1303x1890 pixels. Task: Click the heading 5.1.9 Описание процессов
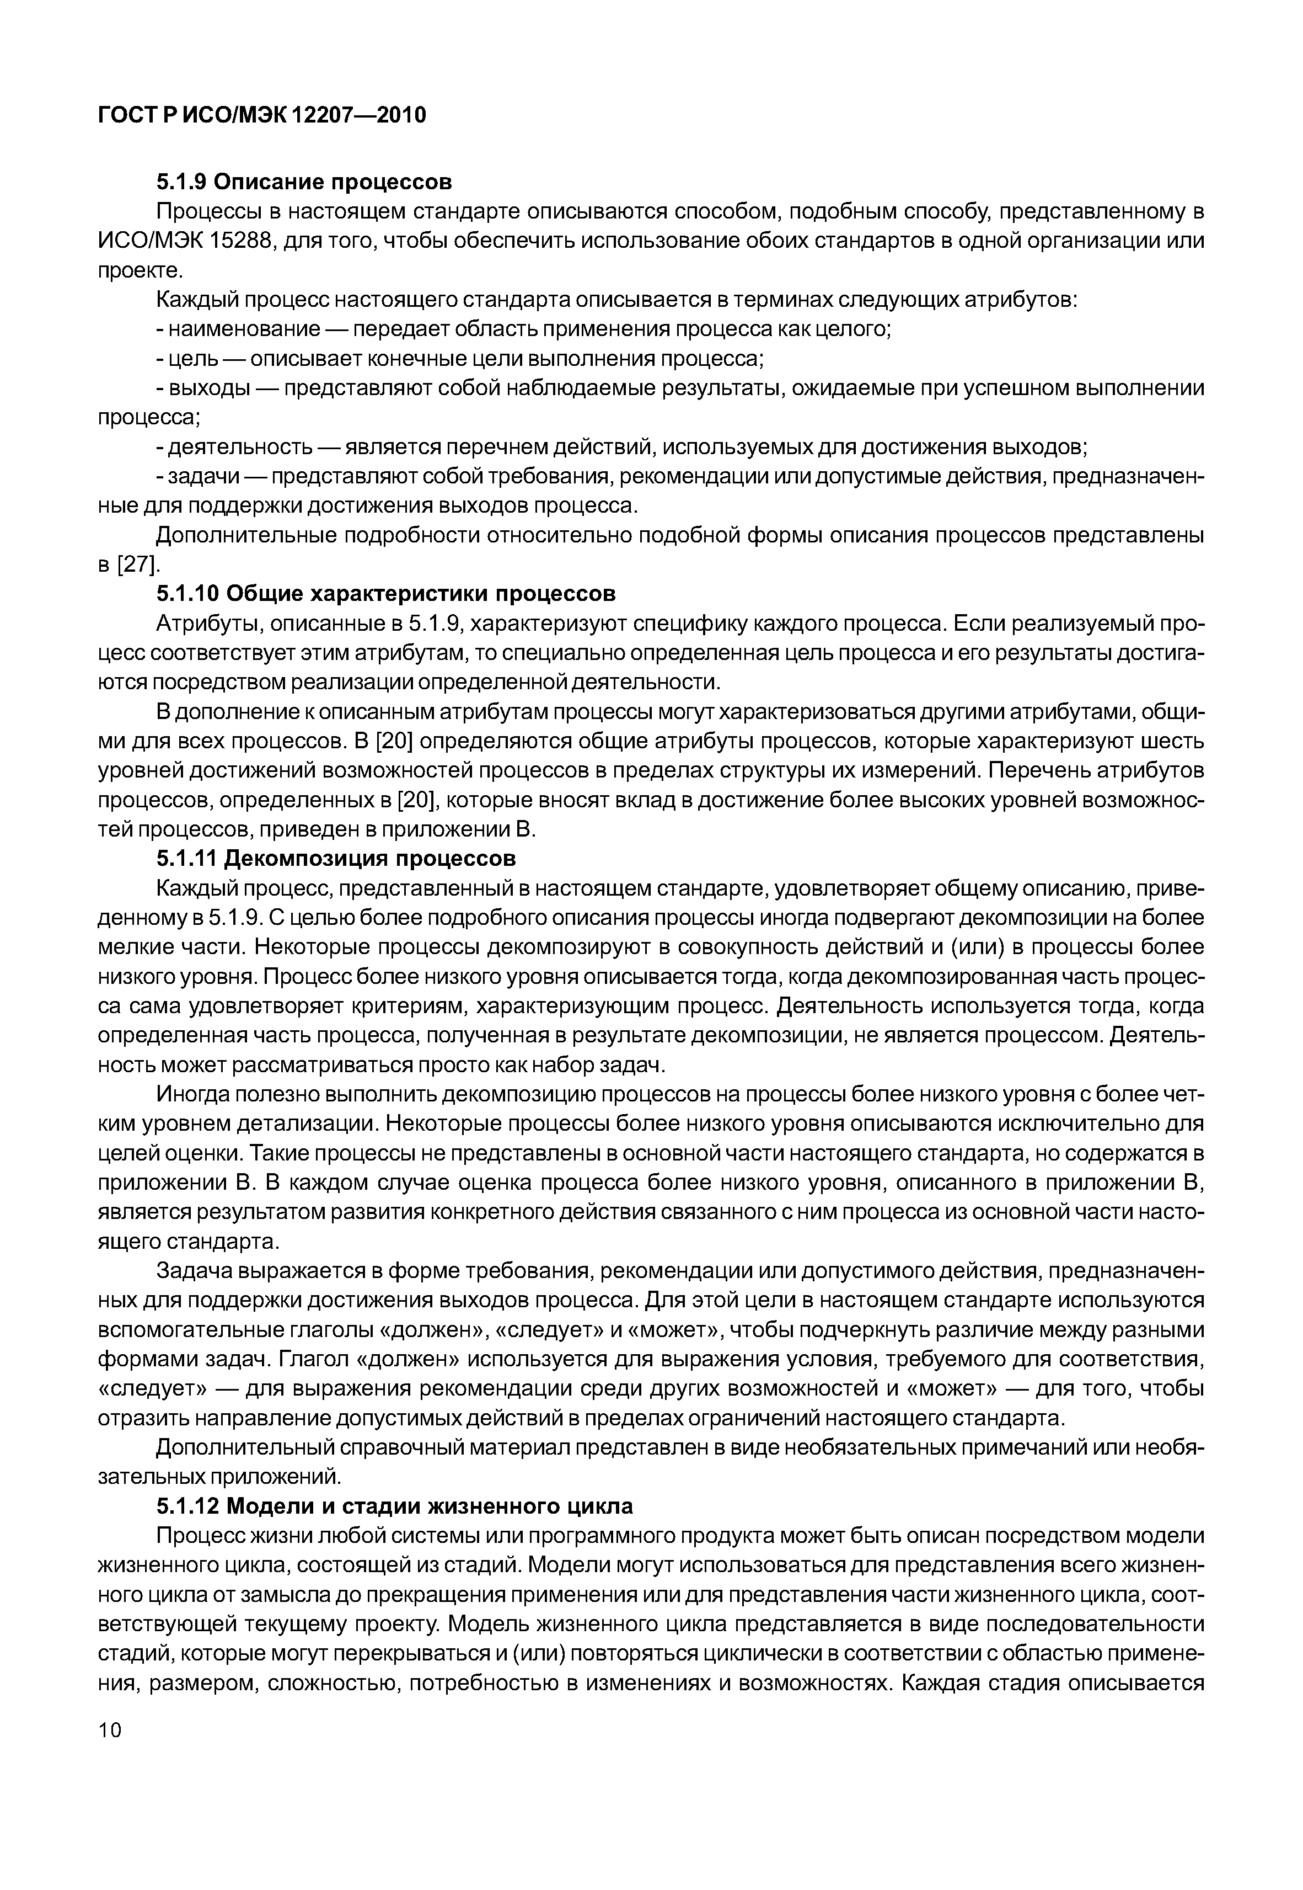pos(304,180)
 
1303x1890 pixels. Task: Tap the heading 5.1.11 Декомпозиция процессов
pos(336,859)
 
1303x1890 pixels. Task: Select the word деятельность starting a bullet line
pos(240,447)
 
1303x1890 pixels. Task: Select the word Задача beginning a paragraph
pos(194,1271)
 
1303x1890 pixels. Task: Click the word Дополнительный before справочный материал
pos(237,1447)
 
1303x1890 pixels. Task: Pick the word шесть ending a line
pos(1175,742)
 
